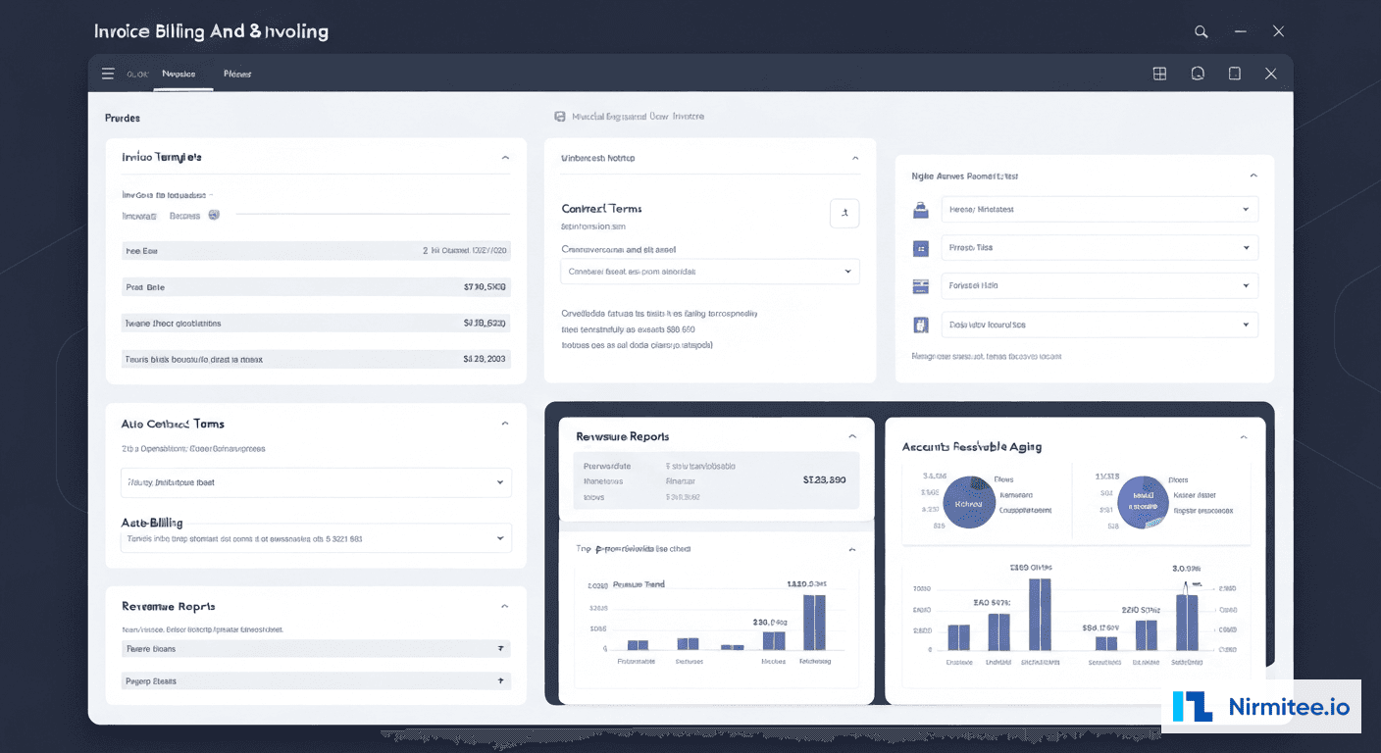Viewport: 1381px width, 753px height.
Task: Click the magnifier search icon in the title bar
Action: (1201, 31)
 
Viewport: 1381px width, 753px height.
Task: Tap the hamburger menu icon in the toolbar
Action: (108, 74)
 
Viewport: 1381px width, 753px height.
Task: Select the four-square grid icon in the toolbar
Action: (1159, 74)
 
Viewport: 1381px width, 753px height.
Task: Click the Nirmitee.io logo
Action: (1261, 707)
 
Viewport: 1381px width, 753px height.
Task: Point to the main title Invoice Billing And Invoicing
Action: (211, 31)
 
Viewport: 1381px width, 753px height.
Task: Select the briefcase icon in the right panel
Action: (920, 209)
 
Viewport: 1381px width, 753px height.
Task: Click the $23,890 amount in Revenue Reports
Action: (824, 480)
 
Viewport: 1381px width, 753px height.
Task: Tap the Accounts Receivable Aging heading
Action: (971, 446)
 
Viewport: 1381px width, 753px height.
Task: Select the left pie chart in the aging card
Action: (968, 502)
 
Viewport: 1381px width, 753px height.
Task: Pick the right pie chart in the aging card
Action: (1144, 502)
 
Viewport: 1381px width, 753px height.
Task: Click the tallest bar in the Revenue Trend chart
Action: (814, 623)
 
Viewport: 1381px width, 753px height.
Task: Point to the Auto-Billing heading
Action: (152, 523)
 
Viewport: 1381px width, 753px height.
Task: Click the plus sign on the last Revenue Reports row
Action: (501, 680)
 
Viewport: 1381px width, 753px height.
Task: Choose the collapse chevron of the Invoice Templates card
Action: (505, 157)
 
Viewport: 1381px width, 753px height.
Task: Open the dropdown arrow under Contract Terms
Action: (847, 272)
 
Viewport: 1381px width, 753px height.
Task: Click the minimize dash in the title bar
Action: (1240, 31)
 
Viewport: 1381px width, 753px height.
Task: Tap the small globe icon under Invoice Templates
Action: (214, 214)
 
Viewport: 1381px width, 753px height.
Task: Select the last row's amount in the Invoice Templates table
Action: (485, 360)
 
